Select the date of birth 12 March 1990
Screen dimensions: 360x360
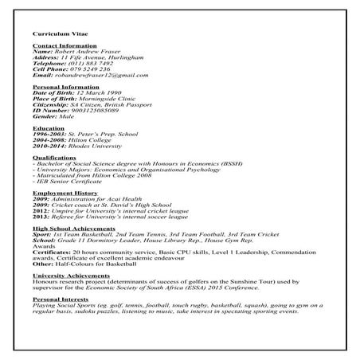(100, 93)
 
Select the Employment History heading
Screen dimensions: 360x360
(65, 194)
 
